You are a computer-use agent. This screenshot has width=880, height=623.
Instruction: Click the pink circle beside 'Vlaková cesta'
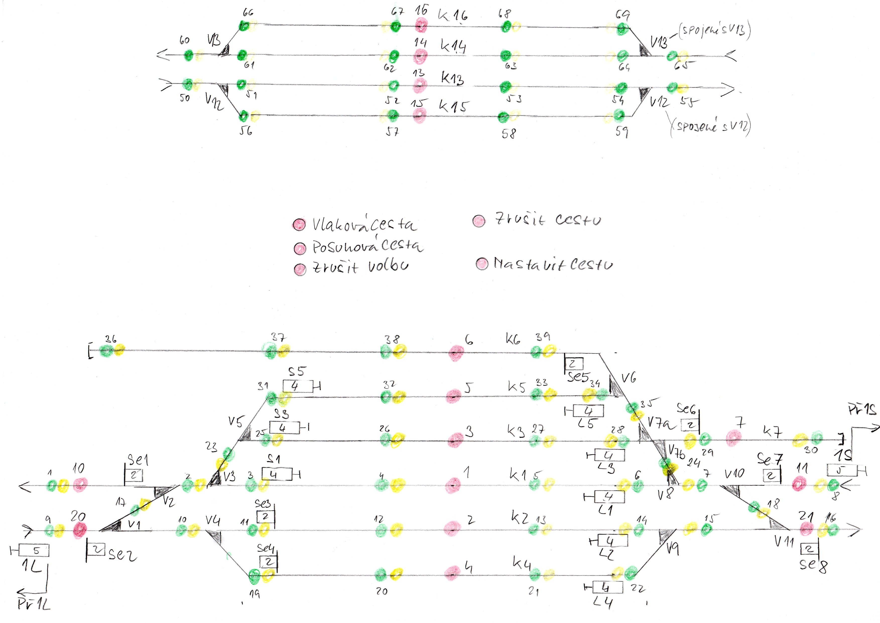pos(299,224)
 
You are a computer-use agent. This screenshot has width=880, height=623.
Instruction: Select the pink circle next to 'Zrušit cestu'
pos(479,220)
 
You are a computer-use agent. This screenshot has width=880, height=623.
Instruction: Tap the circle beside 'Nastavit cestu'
pos(482,264)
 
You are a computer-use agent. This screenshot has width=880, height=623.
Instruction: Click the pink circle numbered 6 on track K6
pos(456,353)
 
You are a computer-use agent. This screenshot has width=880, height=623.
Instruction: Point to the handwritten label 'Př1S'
pos(862,409)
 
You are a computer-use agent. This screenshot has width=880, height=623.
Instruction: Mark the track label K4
pos(522,563)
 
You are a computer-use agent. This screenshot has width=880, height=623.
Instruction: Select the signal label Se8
pos(813,564)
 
